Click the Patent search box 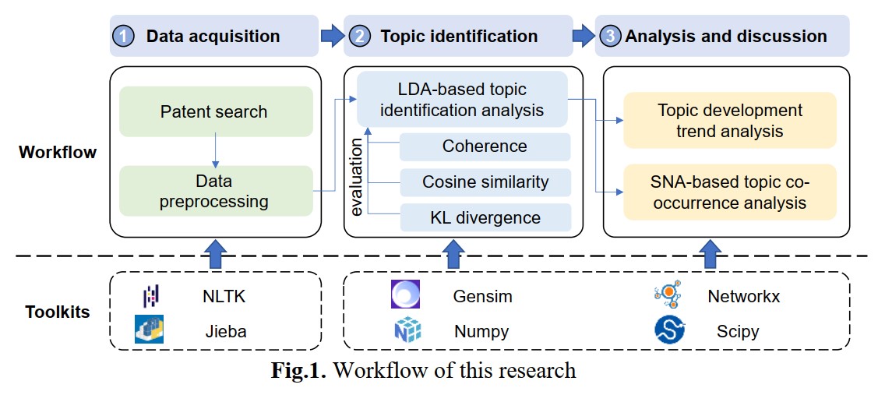click(213, 112)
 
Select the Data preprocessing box click(213, 192)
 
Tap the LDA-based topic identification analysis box click(462, 99)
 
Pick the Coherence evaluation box click(485, 146)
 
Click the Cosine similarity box click(485, 182)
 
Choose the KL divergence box click(485, 217)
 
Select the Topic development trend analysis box click(729, 121)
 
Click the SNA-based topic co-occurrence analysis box click(729, 192)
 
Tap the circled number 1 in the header click(123, 36)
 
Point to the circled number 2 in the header click(359, 36)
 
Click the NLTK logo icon click(150, 296)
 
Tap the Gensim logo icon click(406, 296)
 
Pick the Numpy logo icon click(407, 330)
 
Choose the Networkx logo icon click(669, 296)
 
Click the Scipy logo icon click(669, 330)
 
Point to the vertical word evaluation click(358, 178)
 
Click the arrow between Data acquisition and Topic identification click(332, 35)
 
